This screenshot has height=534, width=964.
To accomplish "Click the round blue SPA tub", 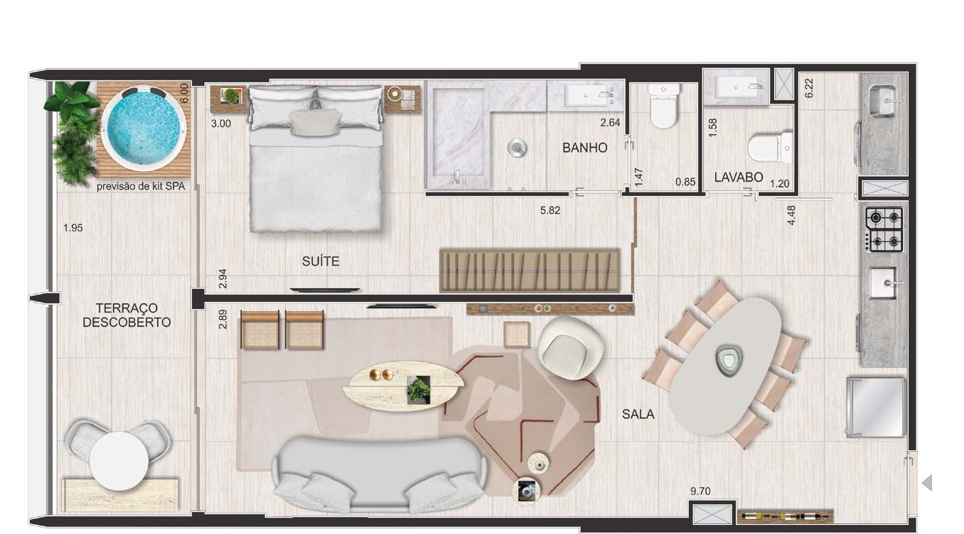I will pos(144,129).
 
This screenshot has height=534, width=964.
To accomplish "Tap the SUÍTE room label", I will pos(321,262).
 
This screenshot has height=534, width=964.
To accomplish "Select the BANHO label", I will pos(584,148).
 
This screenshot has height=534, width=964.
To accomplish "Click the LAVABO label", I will pos(739,177).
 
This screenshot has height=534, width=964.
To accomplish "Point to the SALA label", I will pos(638,414).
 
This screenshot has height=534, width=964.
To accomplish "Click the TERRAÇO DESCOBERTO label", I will pos(127,315).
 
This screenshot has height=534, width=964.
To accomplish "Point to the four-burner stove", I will pos(883,228).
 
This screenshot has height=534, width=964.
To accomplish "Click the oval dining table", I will pos(724,364).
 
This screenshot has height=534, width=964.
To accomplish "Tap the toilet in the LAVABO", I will pos(770,148).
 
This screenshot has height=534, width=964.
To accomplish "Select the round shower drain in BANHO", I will pos(517,148).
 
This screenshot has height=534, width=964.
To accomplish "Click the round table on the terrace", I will pos(119,460).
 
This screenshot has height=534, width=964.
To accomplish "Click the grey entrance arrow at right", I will pos(926,484).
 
